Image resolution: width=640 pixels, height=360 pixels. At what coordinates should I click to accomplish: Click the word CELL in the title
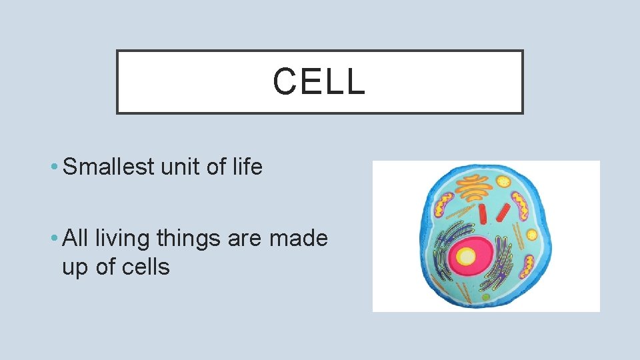pos(319,81)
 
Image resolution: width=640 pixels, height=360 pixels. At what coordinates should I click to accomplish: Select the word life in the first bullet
pos(248,166)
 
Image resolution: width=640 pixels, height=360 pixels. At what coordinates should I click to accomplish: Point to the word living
pos(123,239)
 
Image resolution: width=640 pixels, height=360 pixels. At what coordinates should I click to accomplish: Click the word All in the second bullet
pos(75,237)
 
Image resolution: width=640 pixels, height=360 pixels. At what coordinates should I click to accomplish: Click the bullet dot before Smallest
pos(54,167)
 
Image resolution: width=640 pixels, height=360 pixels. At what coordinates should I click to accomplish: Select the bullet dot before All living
pos(54,238)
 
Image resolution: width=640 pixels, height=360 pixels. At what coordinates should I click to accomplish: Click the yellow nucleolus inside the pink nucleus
pos(466,257)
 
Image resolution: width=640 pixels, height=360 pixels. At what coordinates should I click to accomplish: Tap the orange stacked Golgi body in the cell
pos(474,188)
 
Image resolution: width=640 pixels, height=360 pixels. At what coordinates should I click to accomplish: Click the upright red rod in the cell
pos(483,214)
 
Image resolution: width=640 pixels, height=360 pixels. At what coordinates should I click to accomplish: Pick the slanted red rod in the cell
pos(503,213)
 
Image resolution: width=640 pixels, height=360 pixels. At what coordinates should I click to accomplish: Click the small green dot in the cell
pos(485,297)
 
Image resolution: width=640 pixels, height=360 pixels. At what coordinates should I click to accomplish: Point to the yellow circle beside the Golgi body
pos(503,181)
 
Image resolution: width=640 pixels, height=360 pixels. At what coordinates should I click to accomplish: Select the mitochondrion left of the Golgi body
pos(444,205)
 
